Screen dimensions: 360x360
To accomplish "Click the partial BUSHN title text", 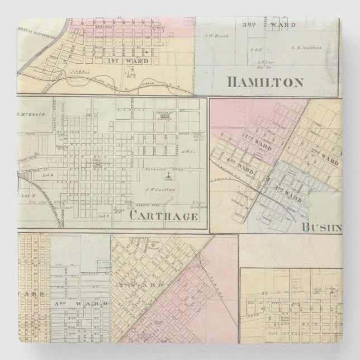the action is pyautogui.click(x=321, y=227).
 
